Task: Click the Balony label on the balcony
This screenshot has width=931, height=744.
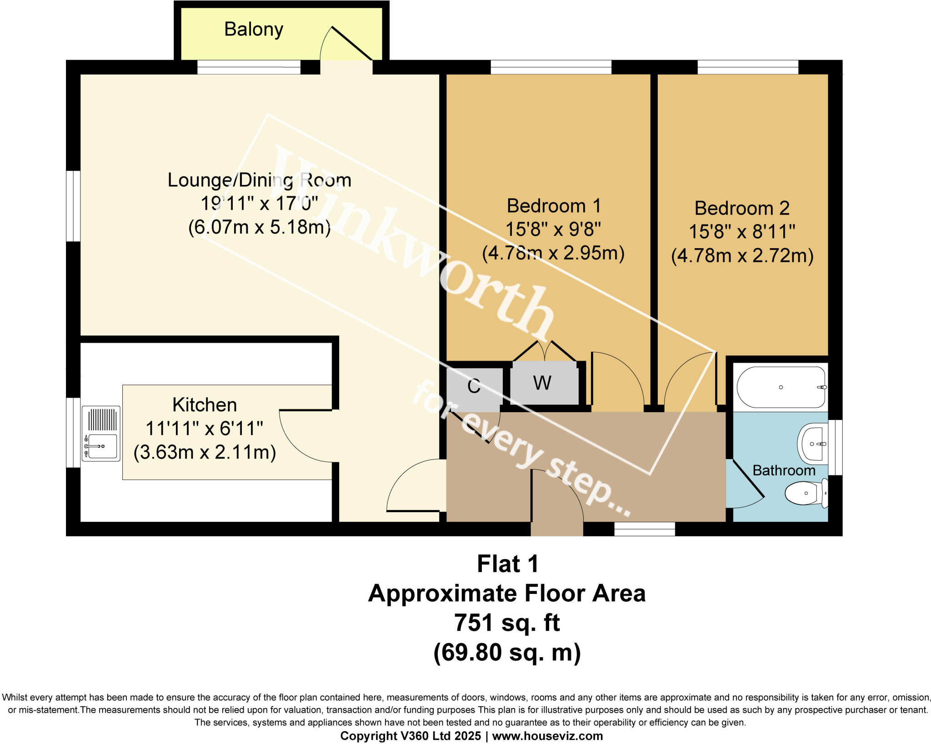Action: pyautogui.click(x=254, y=30)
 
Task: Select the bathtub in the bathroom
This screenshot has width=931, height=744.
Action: pyautogui.click(x=781, y=387)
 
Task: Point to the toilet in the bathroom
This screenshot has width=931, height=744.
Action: pyautogui.click(x=807, y=494)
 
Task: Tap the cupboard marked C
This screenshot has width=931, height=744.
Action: pyautogui.click(x=474, y=386)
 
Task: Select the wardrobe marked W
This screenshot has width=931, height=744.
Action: pyautogui.click(x=543, y=383)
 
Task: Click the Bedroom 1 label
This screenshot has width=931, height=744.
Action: pyautogui.click(x=554, y=206)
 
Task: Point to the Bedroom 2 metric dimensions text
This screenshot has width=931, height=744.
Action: pyautogui.click(x=742, y=255)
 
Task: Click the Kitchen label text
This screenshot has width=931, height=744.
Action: pyautogui.click(x=205, y=404)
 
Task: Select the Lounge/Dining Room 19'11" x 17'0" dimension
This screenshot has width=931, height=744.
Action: pyautogui.click(x=259, y=203)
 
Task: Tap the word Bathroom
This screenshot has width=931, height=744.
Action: pyautogui.click(x=784, y=470)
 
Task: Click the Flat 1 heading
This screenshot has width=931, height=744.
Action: pyautogui.click(x=507, y=564)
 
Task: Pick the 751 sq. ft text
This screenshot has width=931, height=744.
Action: pyautogui.click(x=507, y=623)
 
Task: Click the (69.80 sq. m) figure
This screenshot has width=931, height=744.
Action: pyautogui.click(x=507, y=652)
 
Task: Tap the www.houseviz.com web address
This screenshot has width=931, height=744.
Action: pyautogui.click(x=547, y=736)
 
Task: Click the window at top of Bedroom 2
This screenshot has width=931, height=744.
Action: pyautogui.click(x=748, y=67)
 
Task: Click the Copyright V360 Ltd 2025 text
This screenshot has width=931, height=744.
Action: pyautogui.click(x=410, y=736)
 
